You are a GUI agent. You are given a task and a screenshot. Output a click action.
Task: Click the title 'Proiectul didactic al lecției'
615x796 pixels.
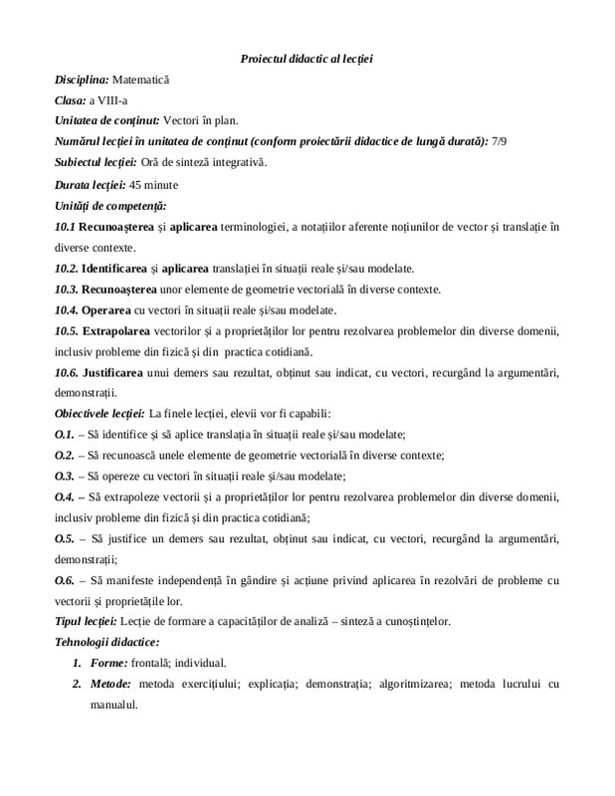pyautogui.click(x=307, y=60)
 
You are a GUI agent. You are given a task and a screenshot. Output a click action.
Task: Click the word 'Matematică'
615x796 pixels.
pyautogui.click(x=143, y=78)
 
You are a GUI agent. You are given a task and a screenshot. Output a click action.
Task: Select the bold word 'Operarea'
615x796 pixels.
pyautogui.click(x=105, y=309)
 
